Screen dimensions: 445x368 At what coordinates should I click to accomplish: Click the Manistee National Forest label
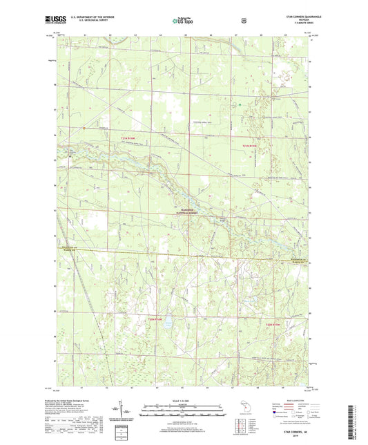(185, 213)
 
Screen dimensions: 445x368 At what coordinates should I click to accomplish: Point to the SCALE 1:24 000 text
(184, 400)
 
